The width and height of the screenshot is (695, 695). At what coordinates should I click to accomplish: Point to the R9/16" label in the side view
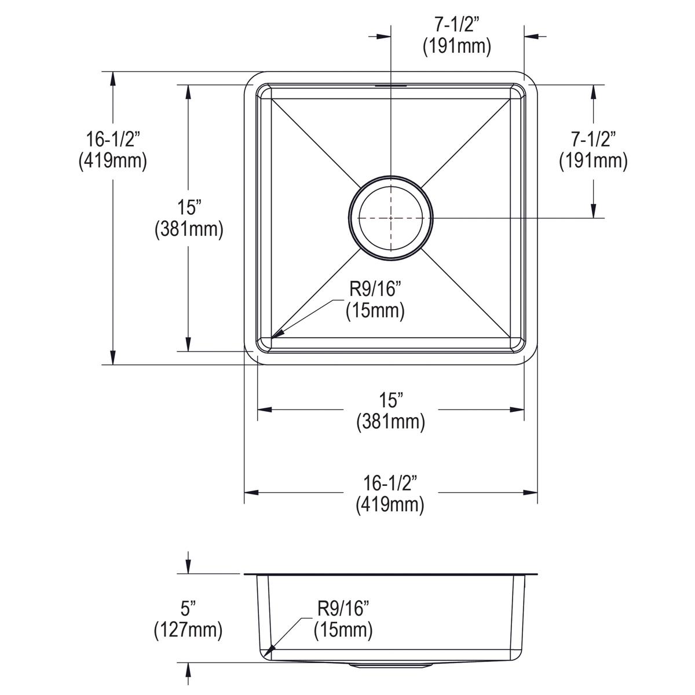click(343, 609)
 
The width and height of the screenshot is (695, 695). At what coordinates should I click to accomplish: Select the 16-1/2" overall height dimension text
click(112, 140)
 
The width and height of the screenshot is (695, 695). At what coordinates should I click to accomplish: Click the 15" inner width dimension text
click(391, 401)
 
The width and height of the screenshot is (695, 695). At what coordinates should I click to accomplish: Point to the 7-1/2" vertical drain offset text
click(593, 140)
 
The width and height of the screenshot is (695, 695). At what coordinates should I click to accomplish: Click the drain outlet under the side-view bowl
click(390, 665)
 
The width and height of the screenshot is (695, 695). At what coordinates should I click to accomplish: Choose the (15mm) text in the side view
click(343, 629)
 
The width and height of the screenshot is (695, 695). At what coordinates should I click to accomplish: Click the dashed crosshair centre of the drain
click(391, 218)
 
